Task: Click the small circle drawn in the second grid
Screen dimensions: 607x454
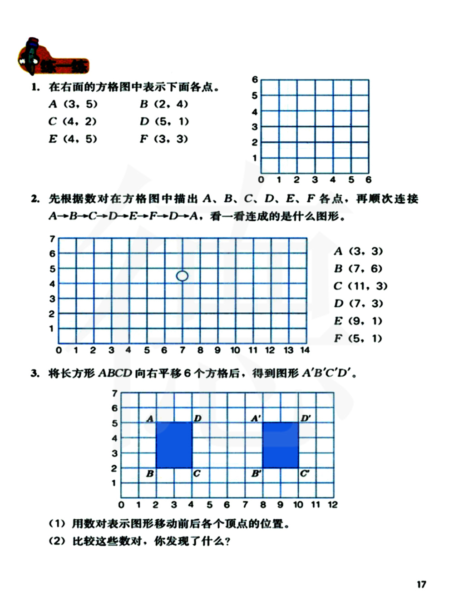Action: (x=182, y=276)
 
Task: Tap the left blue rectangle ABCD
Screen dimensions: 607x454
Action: (x=174, y=445)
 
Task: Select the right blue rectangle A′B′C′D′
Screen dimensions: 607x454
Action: (x=281, y=445)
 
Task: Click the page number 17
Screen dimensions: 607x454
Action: (x=421, y=584)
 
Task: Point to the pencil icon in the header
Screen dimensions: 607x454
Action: (x=31, y=55)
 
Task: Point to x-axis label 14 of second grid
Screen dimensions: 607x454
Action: (x=305, y=350)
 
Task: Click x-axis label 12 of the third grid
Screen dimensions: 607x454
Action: (x=333, y=505)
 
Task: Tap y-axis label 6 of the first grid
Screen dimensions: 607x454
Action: (x=255, y=80)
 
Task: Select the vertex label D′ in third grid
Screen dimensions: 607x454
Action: (x=306, y=418)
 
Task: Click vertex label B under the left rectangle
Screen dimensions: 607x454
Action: (x=150, y=474)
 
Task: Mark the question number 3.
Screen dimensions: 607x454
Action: (x=35, y=374)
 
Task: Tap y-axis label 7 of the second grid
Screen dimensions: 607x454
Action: (x=52, y=239)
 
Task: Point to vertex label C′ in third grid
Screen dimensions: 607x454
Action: (x=304, y=474)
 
